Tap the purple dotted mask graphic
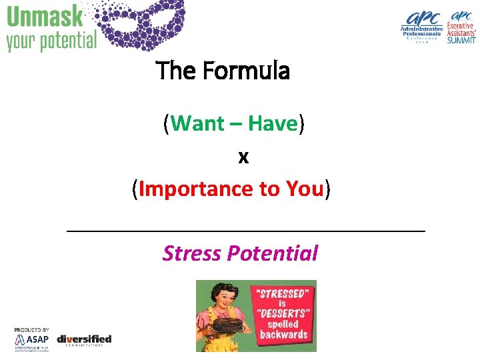144,23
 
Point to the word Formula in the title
255,70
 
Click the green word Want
202,123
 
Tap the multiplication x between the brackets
243,157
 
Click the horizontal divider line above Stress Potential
247,231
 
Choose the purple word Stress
192,253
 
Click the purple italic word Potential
272,253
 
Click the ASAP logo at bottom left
32,341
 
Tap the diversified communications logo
84,340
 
